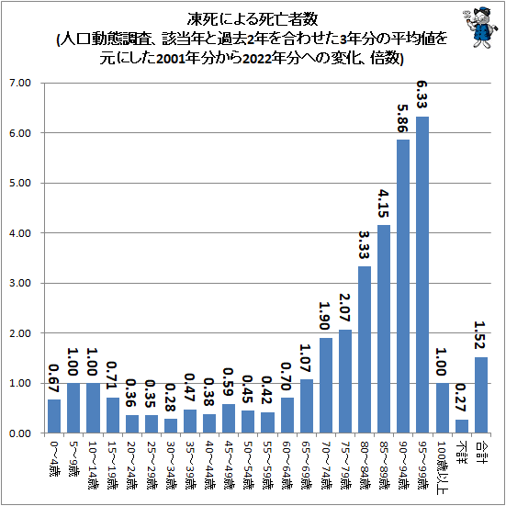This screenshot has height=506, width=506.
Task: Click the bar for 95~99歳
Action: click(422, 275)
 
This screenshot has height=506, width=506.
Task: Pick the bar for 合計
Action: click(481, 395)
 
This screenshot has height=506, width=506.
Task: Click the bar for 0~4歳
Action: click(54, 416)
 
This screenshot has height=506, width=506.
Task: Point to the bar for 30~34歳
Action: click(170, 425)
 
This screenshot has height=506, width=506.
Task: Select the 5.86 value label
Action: click(403, 120)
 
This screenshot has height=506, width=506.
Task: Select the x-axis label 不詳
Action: click(462, 450)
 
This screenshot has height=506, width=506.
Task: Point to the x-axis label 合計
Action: click(481, 450)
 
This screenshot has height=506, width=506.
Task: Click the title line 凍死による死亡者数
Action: click(253, 17)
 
